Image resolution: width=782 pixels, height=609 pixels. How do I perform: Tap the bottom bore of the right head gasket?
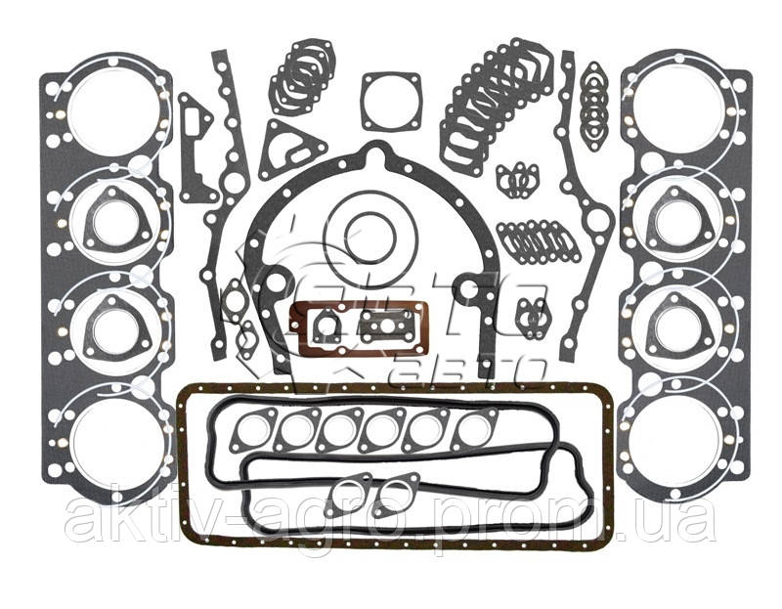[x=673, y=436]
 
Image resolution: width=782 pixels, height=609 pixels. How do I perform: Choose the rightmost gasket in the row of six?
[x=474, y=430]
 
